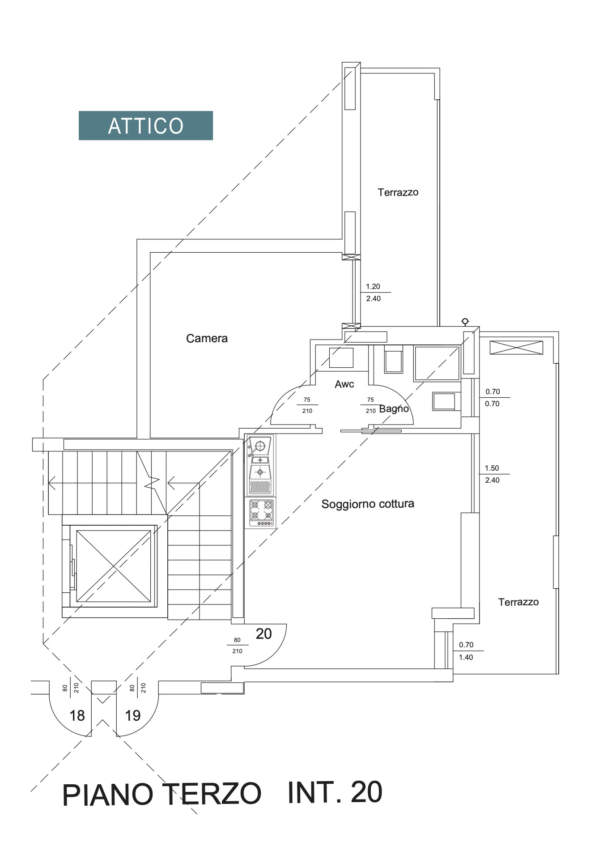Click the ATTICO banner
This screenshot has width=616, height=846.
click(x=145, y=126)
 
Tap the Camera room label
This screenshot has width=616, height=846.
click(x=207, y=338)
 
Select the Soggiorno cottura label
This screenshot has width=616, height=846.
click(x=368, y=504)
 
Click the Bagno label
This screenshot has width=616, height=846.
click(x=394, y=408)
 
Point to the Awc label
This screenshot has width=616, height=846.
click(x=344, y=384)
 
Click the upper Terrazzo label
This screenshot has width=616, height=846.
click(x=398, y=192)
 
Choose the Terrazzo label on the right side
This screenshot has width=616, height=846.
click(x=518, y=602)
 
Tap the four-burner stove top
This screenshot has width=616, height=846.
click(x=262, y=513)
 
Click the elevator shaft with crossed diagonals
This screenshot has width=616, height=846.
click(x=114, y=566)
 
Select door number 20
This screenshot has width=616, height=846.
click(x=264, y=633)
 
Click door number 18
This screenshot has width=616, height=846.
click(x=77, y=716)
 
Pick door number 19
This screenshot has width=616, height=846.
click(x=133, y=716)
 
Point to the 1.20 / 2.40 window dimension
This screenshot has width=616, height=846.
click(x=374, y=293)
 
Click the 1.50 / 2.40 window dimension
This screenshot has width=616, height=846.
click(x=492, y=474)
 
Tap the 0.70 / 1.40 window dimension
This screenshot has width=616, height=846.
click(x=466, y=651)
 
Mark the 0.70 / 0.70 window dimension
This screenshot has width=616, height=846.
click(x=493, y=397)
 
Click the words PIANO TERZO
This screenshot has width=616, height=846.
click(x=161, y=795)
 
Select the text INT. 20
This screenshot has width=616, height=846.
click(x=335, y=792)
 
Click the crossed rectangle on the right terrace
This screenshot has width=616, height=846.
click(x=516, y=347)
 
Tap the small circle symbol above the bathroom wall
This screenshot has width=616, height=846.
click(x=465, y=321)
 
